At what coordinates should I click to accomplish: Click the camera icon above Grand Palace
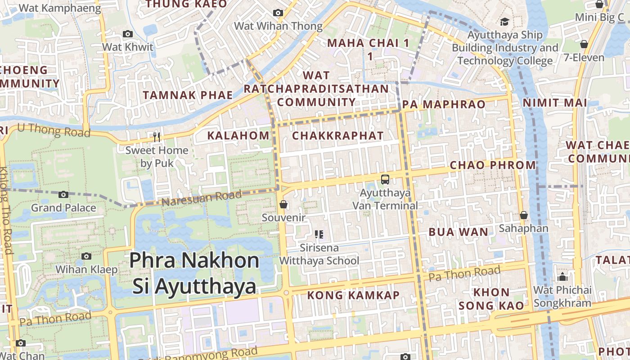63,195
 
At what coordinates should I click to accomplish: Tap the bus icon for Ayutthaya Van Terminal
385,180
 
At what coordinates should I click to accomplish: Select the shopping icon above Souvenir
283,205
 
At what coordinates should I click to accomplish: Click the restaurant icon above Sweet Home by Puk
157,137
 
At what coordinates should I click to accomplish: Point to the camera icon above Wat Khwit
128,34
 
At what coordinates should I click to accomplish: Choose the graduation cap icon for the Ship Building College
504,22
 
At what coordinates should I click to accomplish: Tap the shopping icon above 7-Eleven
584,44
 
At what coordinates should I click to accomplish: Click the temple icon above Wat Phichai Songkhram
562,276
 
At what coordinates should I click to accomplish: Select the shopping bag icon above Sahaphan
524,216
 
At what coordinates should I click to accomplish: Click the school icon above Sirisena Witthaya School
319,234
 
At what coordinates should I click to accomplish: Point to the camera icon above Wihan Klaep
86,256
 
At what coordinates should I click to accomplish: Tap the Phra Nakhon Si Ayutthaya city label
194,273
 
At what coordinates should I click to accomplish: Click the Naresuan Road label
201,198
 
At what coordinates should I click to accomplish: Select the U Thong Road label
54,130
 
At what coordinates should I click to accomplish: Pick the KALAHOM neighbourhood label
238,135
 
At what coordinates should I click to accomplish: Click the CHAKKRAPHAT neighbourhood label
338,135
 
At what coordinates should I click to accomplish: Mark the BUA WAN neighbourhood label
458,232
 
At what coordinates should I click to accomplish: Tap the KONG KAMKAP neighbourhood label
353,295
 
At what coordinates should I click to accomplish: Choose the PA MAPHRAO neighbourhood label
444,104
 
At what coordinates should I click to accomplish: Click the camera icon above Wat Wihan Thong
278,13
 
